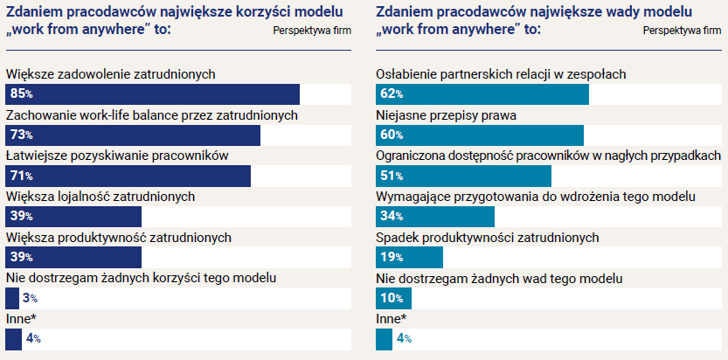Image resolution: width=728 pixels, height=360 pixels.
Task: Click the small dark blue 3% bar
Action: (x=11, y=298)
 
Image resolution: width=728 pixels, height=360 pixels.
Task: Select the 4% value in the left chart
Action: (x=33, y=339)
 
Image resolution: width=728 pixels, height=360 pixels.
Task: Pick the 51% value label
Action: (x=391, y=176)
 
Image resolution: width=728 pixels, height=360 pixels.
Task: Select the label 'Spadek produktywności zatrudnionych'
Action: (x=487, y=237)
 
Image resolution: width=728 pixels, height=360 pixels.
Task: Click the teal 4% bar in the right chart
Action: (x=384, y=339)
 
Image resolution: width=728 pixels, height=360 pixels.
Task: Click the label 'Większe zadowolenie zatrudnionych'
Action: (x=110, y=74)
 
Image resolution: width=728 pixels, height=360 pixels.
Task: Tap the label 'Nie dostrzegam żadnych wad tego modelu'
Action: (x=499, y=278)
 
